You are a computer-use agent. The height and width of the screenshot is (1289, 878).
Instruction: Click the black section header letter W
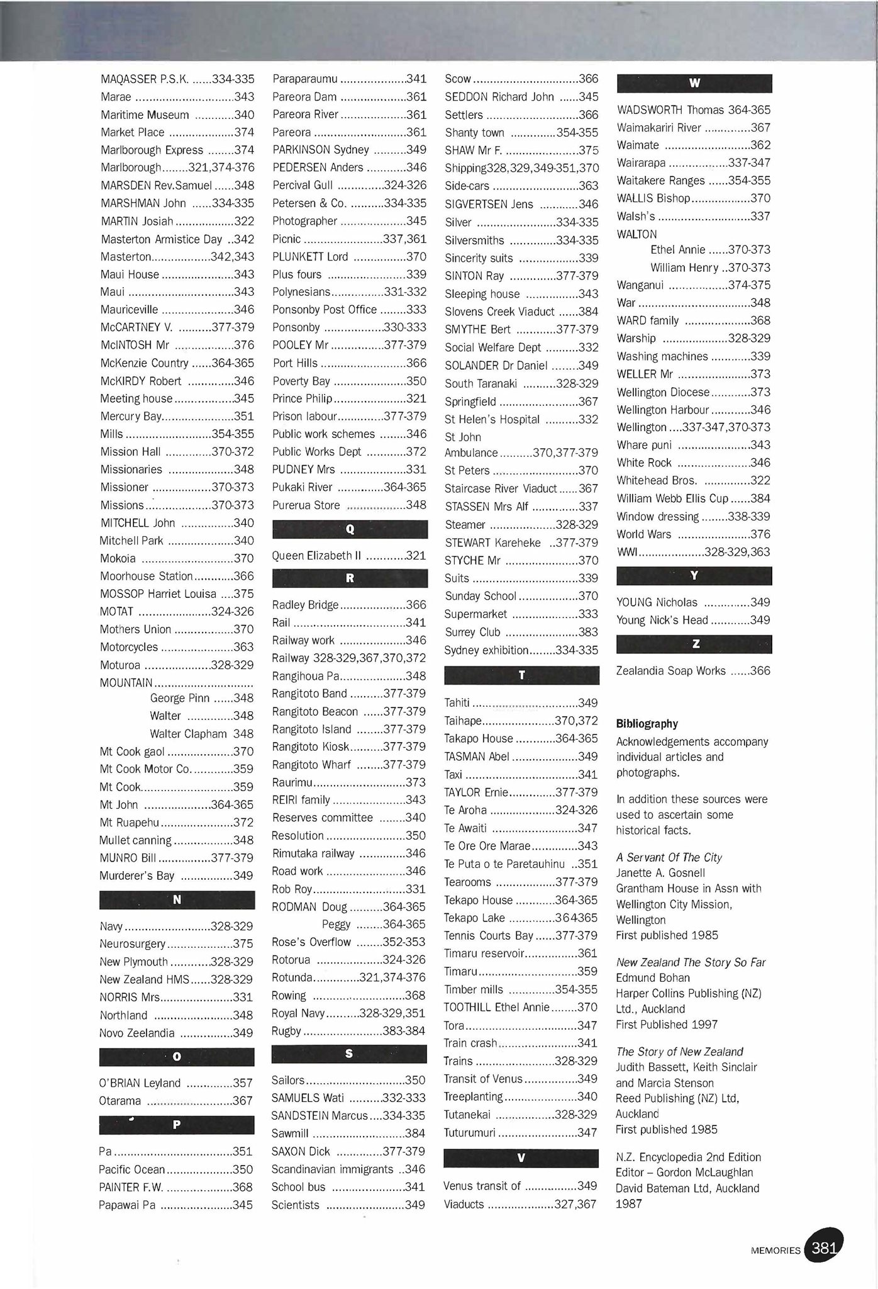[x=694, y=83]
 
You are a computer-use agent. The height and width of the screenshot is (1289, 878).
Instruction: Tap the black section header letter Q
[x=350, y=529]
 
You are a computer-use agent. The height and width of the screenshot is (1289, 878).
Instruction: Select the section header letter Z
[x=694, y=644]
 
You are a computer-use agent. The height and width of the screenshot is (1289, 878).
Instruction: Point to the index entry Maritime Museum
[x=145, y=115]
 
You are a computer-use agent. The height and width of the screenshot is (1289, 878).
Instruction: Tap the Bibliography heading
[x=647, y=724]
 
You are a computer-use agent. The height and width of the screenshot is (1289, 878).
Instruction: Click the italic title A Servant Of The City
[x=669, y=857]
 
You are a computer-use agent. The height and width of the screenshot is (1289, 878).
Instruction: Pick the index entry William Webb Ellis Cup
[x=672, y=498]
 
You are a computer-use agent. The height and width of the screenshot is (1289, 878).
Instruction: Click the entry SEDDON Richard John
[x=499, y=97]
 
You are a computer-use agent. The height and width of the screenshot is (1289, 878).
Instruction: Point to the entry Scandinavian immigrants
[x=332, y=1169]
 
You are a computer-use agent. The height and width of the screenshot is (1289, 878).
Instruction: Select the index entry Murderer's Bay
[x=137, y=875]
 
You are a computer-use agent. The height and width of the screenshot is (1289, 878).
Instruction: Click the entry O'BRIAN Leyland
[x=140, y=1083]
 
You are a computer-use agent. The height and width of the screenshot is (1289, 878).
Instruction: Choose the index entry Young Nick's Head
[x=662, y=620]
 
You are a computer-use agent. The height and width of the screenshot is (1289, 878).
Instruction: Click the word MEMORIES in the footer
[x=775, y=1251]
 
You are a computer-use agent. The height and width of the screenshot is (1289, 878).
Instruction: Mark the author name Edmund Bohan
[x=652, y=978]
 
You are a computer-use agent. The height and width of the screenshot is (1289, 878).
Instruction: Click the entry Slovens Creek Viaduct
[x=499, y=312]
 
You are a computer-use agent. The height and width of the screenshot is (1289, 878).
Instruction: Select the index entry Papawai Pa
[x=127, y=1205]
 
